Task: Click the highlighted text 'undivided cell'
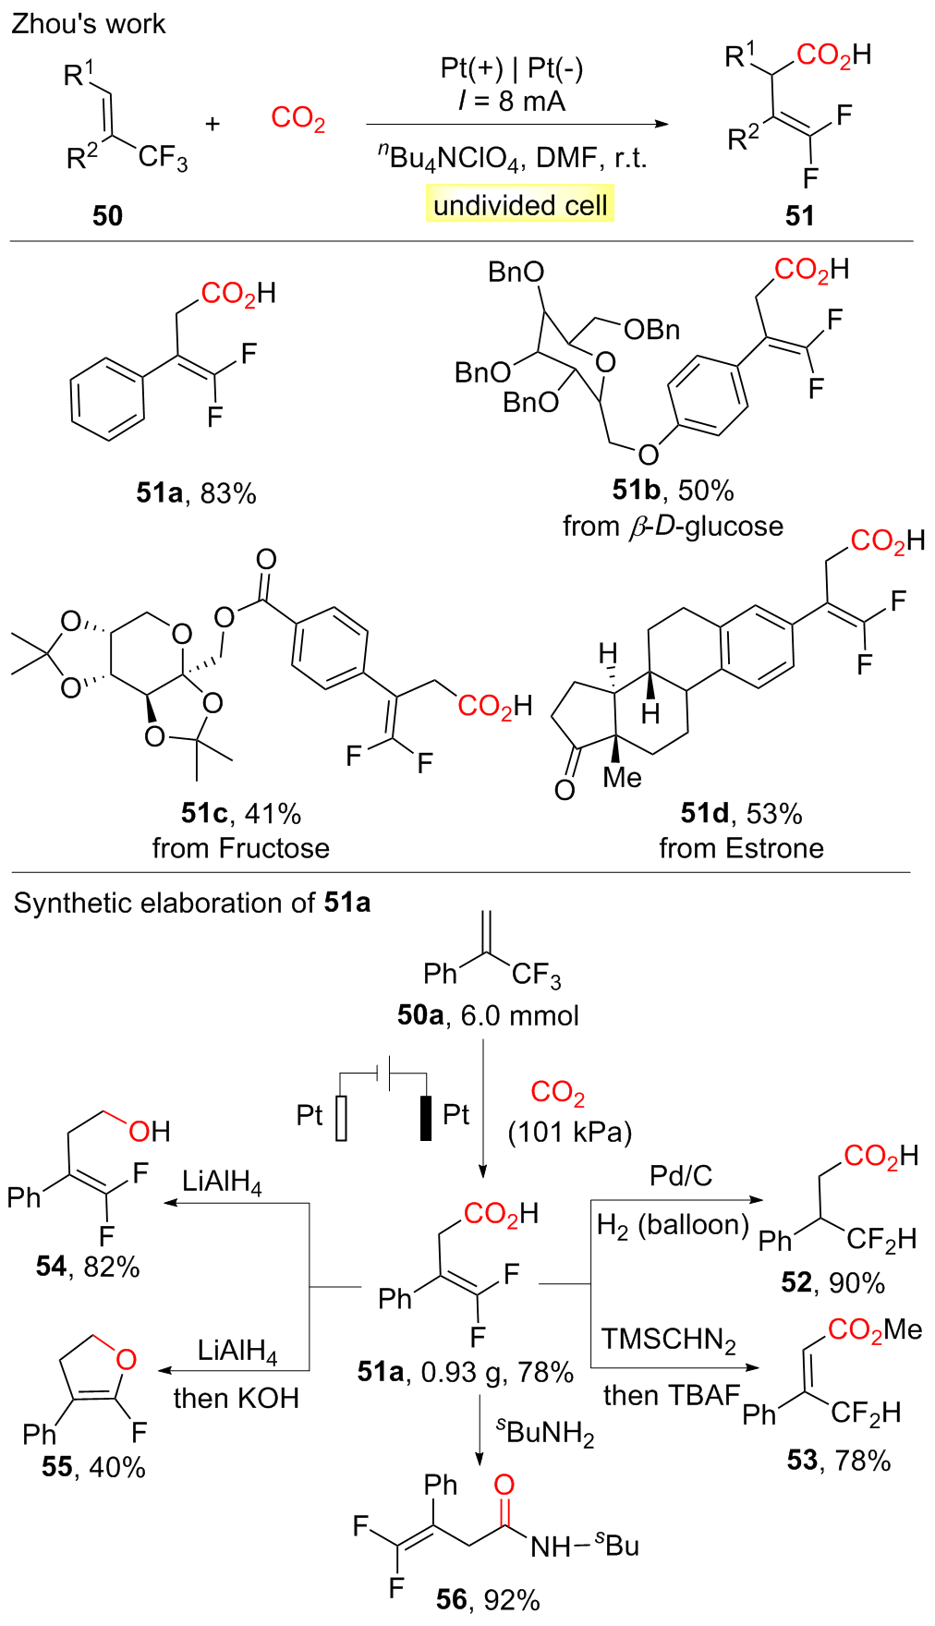[520, 204]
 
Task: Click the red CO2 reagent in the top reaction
[297, 119]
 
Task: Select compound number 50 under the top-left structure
[107, 215]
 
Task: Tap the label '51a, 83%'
[196, 493]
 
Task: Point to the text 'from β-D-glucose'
[673, 527]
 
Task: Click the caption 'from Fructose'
[240, 848]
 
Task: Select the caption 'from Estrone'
[741, 848]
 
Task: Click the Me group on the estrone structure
[622, 778]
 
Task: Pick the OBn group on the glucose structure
[651, 330]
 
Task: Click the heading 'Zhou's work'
[88, 24]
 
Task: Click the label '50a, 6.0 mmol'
[488, 1015]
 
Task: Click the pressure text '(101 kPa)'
[570, 1133]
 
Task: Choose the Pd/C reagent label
[681, 1175]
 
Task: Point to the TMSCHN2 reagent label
[669, 1339]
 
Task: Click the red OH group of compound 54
[150, 1131]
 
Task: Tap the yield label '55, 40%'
[93, 1467]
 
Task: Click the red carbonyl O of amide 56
[504, 1485]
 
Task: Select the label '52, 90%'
[832, 1282]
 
